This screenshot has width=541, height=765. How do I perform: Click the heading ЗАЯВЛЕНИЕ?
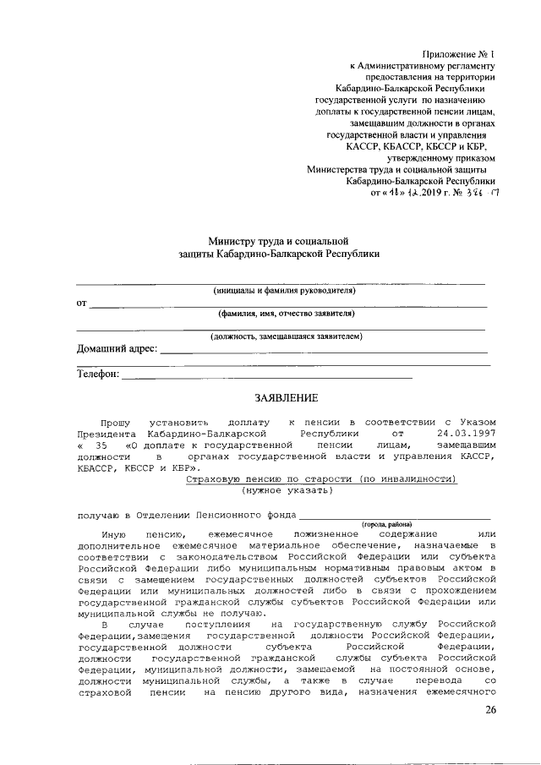coord(287,398)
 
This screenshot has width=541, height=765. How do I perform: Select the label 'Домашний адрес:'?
coord(117,348)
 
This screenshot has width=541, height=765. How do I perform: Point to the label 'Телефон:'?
coord(98,374)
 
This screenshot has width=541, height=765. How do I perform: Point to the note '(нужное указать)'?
coord(287,489)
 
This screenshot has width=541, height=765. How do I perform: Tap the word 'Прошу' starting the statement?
coord(116,420)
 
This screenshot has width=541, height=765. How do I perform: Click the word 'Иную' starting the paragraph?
coord(113,535)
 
